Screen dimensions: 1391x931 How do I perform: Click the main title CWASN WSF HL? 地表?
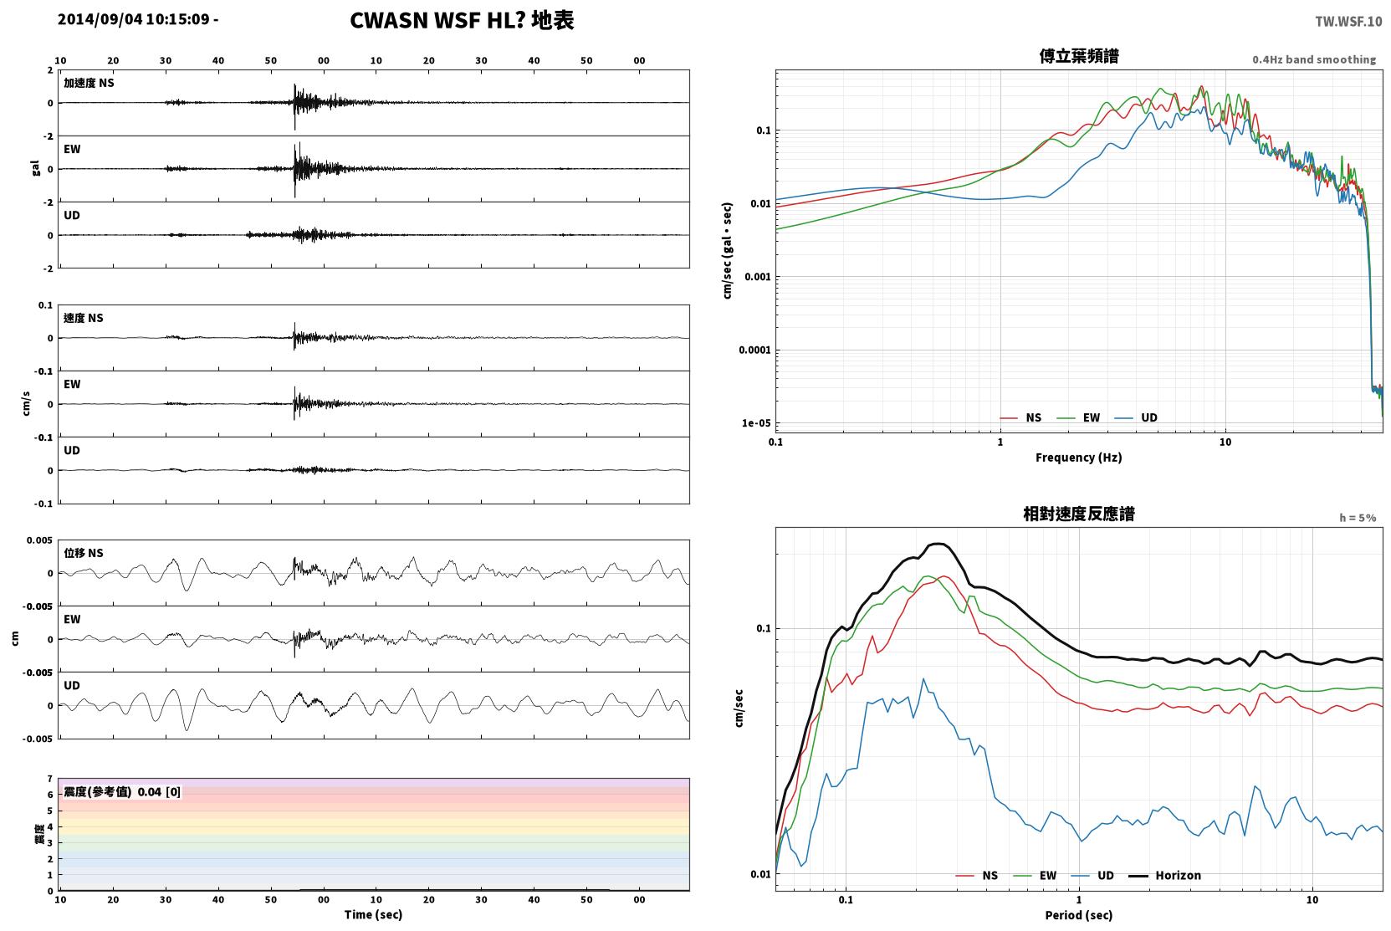pos(462,21)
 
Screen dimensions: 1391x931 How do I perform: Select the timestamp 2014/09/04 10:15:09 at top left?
pos(134,19)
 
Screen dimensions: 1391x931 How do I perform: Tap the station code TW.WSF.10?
pos(1348,22)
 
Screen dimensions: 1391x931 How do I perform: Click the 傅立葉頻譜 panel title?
pos(1079,57)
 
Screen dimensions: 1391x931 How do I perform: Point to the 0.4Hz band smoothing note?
pos(1314,59)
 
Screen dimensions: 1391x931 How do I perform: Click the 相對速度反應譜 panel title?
pos(1079,514)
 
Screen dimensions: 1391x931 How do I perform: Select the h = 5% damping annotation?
pos(1358,518)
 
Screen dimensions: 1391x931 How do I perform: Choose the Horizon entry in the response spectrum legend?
pos(1165,876)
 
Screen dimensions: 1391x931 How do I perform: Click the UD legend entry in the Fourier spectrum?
pos(1137,418)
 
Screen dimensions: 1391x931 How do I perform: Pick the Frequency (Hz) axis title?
pos(1079,458)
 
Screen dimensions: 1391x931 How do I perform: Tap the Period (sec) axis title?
pos(1079,915)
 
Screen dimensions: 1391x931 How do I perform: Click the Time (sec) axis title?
pos(373,915)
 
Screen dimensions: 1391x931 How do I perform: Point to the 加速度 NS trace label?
pos(89,83)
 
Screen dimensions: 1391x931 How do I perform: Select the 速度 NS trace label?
pos(83,319)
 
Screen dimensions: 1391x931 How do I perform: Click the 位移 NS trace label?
pos(83,554)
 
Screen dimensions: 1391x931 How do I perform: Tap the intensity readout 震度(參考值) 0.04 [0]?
pos(122,792)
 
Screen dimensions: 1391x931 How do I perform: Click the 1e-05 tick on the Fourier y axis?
pos(756,423)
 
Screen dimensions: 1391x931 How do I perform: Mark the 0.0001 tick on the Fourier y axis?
pos(754,350)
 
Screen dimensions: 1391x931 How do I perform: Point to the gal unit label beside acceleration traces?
pos(35,168)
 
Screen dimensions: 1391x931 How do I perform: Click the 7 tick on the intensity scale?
pos(50,779)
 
